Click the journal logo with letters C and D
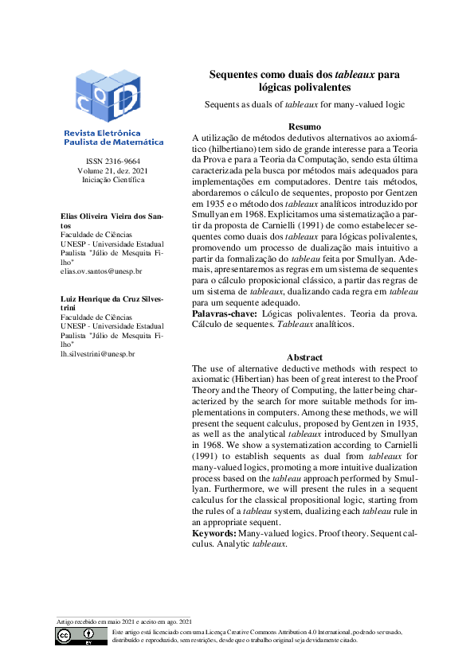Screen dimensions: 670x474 tap(112, 95)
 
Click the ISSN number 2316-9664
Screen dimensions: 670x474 tap(112, 162)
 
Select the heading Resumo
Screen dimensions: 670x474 tap(304, 127)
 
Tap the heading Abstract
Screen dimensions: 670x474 tap(304, 357)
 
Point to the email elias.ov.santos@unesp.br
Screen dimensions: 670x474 tap(101, 271)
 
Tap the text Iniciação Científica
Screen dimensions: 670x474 tap(112, 181)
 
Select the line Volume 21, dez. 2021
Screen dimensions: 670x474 tap(112, 171)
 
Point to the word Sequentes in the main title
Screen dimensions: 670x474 tap(237, 75)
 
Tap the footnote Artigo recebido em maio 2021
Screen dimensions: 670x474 tap(124, 621)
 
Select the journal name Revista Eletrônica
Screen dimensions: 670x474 tap(102, 133)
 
